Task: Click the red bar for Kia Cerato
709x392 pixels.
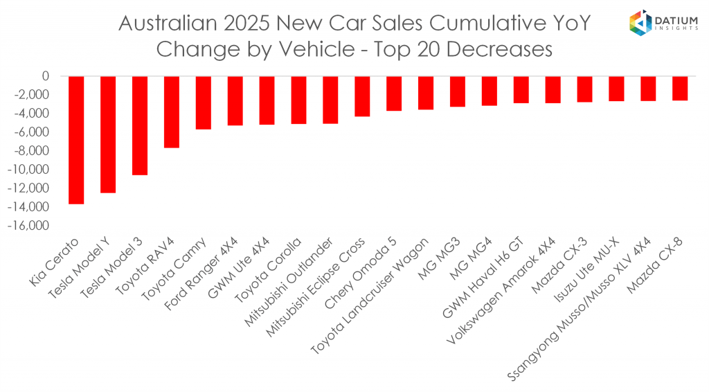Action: pyautogui.click(x=76, y=140)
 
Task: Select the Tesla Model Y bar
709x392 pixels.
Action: pyautogui.click(x=108, y=134)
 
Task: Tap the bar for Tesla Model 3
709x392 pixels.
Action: pyautogui.click(x=140, y=125)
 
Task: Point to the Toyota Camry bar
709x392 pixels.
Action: pyautogui.click(x=204, y=103)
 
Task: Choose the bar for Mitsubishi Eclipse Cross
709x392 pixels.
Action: pyautogui.click(x=362, y=96)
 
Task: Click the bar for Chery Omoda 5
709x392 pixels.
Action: pyautogui.click(x=394, y=93)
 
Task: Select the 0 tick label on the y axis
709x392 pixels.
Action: pyautogui.click(x=46, y=76)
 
